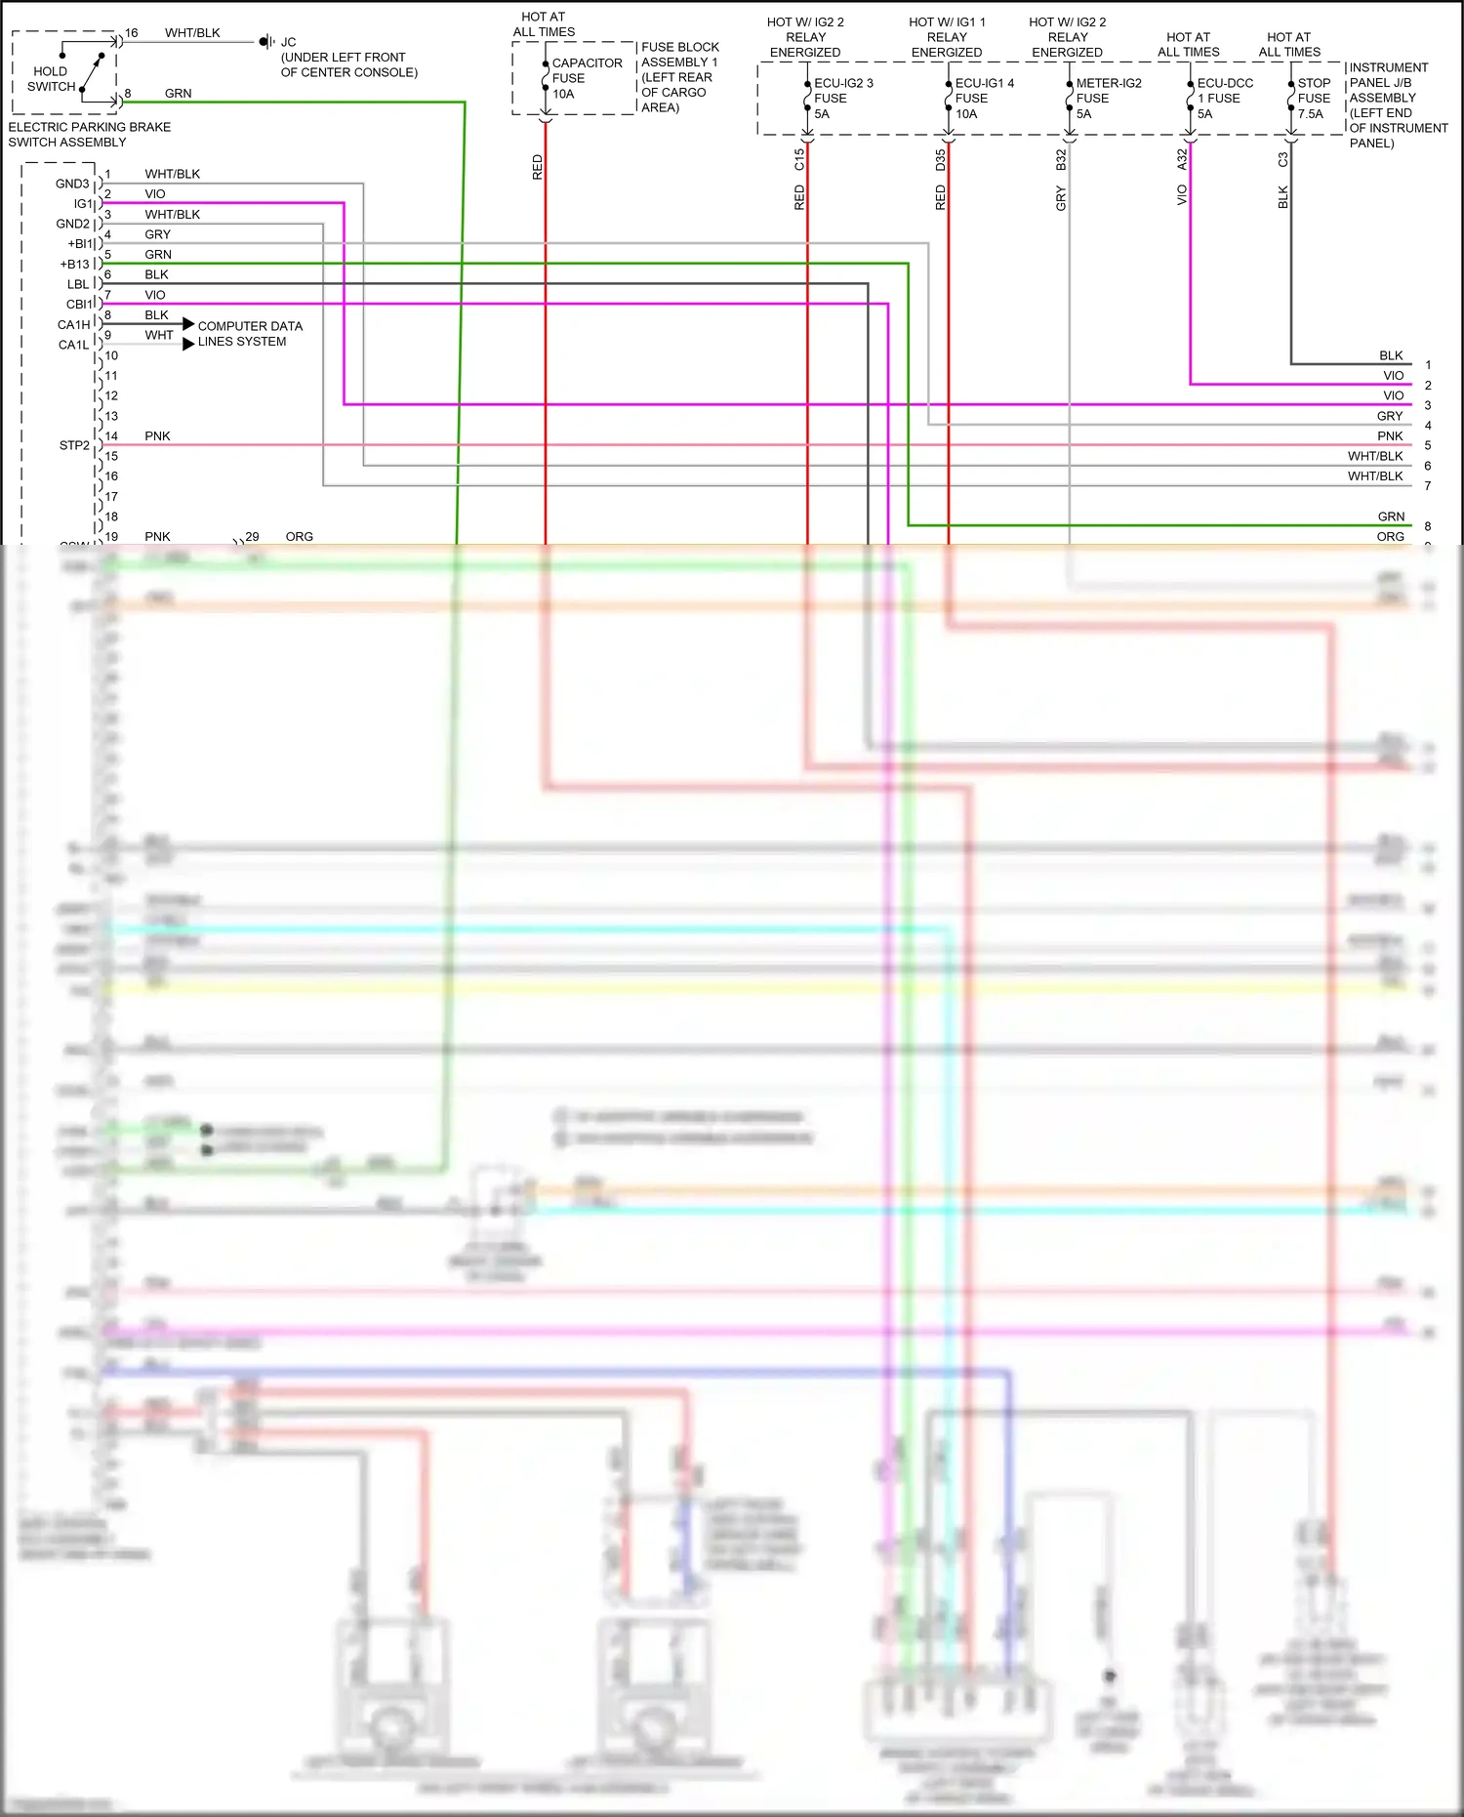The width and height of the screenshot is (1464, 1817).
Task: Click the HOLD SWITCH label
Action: pyautogui.click(x=51, y=79)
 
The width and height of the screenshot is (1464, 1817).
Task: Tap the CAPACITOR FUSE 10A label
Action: pyautogui.click(x=586, y=78)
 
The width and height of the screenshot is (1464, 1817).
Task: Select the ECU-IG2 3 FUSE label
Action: pyautogui.click(x=842, y=99)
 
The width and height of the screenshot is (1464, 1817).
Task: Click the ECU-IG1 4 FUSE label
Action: pyautogui.click(x=983, y=99)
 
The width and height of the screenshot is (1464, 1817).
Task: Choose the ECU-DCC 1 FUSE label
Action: pyautogui.click(x=1224, y=99)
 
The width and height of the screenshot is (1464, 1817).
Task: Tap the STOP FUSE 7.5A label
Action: pyautogui.click(x=1313, y=99)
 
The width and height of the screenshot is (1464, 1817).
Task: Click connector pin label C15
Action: pyautogui.click(x=799, y=159)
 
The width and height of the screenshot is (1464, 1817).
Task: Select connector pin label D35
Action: pyautogui.click(x=940, y=159)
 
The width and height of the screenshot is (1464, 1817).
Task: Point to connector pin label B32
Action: pyautogui.click(x=1061, y=159)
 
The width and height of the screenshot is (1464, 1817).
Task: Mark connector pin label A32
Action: pyautogui.click(x=1182, y=159)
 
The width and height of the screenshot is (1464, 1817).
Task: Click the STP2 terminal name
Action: pyautogui.click(x=74, y=445)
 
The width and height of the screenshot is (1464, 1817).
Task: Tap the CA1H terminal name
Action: pyautogui.click(x=73, y=325)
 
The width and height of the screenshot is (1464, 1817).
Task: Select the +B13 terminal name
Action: pyautogui.click(x=74, y=265)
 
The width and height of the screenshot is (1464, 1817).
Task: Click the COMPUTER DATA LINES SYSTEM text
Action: pyautogui.click(x=249, y=334)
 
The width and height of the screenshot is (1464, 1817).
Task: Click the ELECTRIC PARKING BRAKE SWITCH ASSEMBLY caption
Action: pyautogui.click(x=89, y=135)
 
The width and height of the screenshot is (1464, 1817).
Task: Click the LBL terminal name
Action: pyautogui.click(x=78, y=284)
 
